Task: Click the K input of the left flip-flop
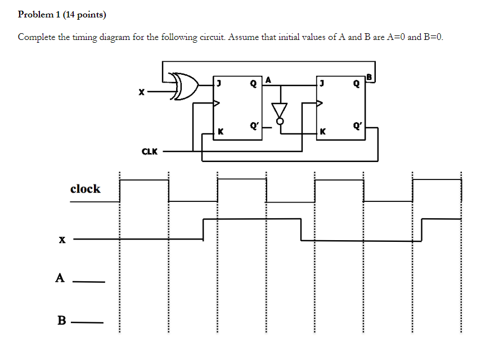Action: [x=221, y=132]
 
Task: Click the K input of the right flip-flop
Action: [x=322, y=132]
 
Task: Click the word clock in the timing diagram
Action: [x=85, y=189]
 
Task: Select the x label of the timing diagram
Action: [x=61, y=240]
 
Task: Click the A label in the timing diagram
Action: [x=60, y=277]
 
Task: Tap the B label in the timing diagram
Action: [x=62, y=321]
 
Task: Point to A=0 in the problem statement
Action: [x=393, y=38]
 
